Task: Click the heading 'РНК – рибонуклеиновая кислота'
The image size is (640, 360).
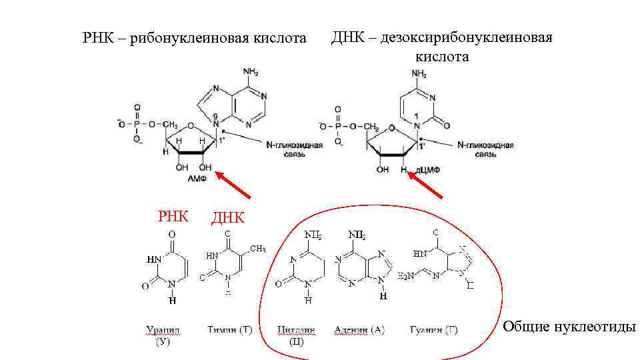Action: (x=194, y=39)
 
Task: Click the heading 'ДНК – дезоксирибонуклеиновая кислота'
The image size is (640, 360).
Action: (x=442, y=47)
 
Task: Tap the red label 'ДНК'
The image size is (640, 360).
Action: (x=227, y=218)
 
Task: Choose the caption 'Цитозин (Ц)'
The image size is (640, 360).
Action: (x=297, y=335)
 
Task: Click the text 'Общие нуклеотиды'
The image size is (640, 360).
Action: (x=569, y=327)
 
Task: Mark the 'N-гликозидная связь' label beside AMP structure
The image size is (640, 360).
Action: (x=295, y=149)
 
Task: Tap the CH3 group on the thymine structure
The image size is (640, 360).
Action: (x=257, y=249)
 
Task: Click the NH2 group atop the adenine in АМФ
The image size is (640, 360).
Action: (x=251, y=71)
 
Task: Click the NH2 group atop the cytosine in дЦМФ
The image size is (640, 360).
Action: (x=419, y=73)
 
